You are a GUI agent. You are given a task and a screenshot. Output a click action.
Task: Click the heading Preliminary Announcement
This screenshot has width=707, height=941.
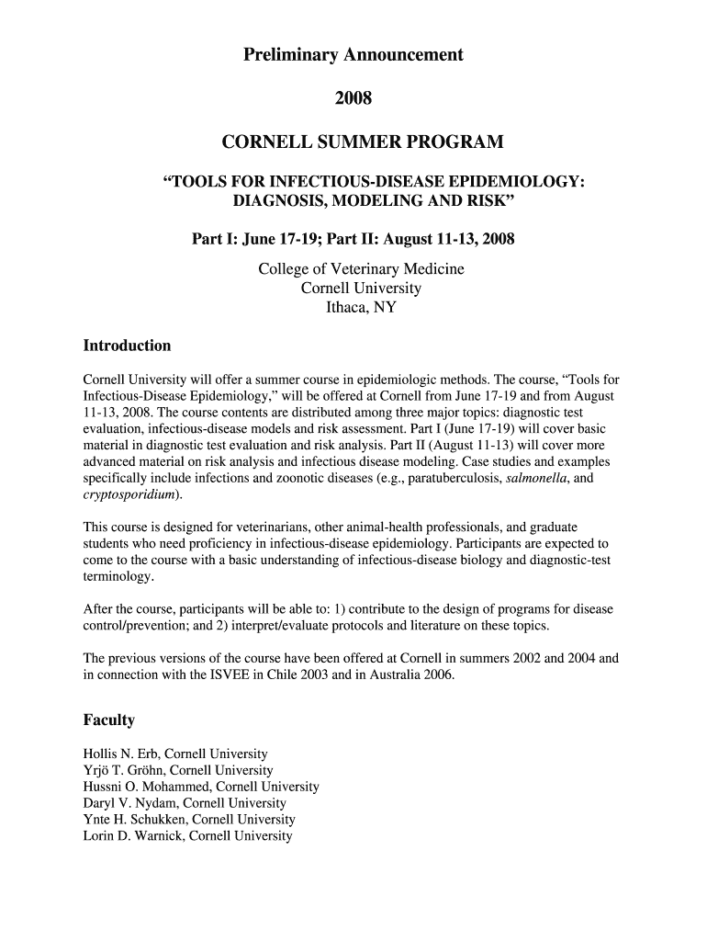click(x=353, y=56)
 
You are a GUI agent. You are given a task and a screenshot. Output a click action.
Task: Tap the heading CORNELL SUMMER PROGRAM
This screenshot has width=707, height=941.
click(x=363, y=142)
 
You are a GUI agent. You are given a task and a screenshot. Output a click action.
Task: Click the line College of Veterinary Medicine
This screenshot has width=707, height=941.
click(x=361, y=269)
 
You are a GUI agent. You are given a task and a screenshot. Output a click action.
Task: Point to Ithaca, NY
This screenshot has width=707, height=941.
click(x=361, y=308)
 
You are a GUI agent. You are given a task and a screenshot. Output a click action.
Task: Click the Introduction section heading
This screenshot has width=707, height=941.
click(x=127, y=346)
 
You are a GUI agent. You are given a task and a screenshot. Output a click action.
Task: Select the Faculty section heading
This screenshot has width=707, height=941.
click(x=109, y=720)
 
